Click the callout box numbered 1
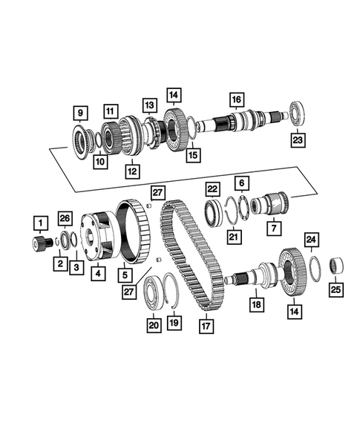pyautogui.click(x=38, y=221)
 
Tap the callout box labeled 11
pyautogui.click(x=111, y=111)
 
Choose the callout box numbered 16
pyautogui.click(x=236, y=100)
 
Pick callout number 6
pyautogui.click(x=241, y=183)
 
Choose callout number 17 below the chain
pyautogui.click(x=205, y=324)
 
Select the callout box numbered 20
pyautogui.click(x=154, y=323)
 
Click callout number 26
pyautogui.click(x=65, y=218)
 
